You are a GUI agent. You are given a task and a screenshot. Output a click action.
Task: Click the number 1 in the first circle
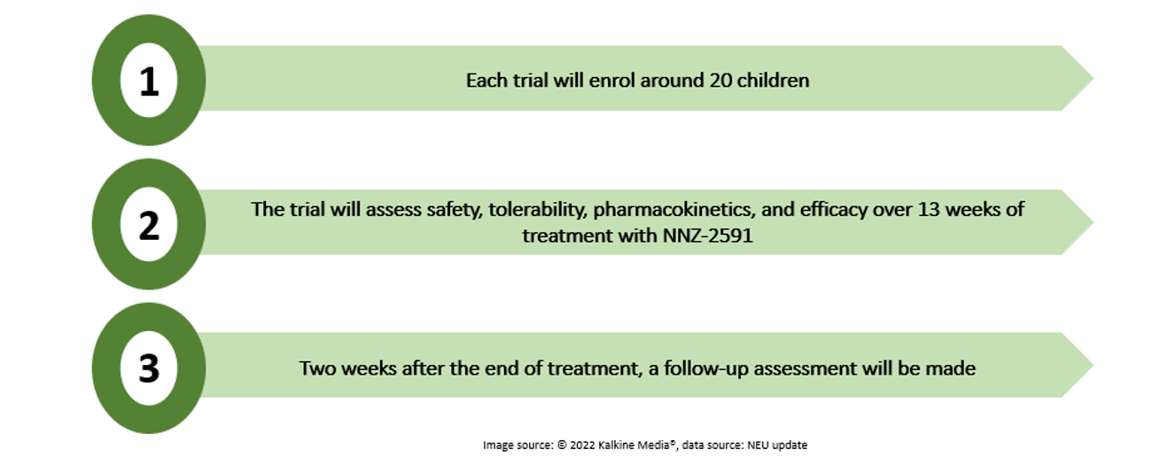tap(149, 81)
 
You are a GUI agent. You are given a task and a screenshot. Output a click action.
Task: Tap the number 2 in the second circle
tap(149, 226)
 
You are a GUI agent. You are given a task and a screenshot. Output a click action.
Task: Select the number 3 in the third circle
tap(149, 368)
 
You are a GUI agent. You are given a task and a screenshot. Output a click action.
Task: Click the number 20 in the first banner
tap(721, 81)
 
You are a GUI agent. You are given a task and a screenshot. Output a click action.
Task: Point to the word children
tap(774, 81)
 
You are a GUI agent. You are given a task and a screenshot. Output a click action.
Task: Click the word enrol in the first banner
tap(612, 81)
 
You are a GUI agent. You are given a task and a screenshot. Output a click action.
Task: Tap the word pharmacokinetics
tap(674, 210)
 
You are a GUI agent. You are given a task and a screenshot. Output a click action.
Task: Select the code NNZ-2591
tap(708, 236)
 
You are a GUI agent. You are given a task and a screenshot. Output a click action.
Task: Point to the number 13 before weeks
tap(928, 209)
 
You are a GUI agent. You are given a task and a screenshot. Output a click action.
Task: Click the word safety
tap(454, 210)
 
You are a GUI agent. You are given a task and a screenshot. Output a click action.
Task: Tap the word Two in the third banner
tap(318, 368)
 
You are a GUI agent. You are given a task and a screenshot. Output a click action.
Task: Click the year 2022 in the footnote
tap(582, 445)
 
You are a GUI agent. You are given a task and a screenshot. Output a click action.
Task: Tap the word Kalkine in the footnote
tap(616, 445)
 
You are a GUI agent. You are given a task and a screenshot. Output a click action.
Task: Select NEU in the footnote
tap(758, 445)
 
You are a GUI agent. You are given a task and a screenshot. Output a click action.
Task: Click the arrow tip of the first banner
tap(1092, 78)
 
